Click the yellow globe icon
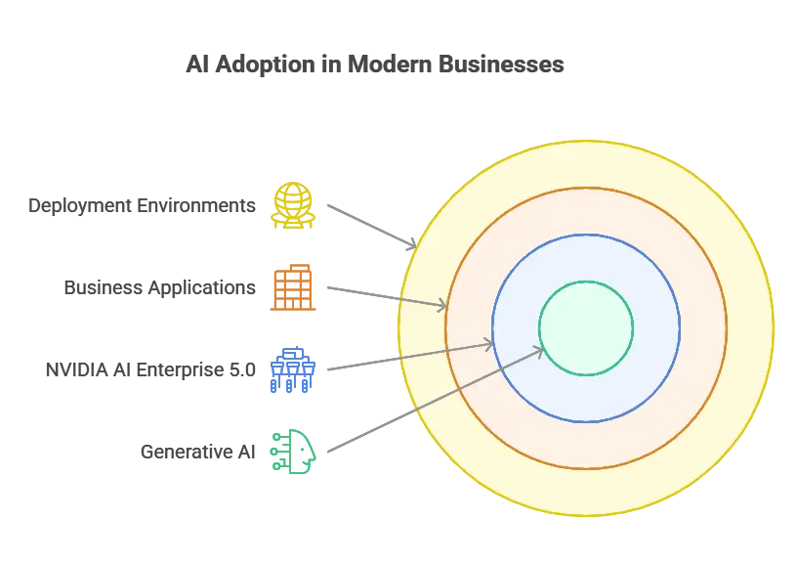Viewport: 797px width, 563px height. [293, 206]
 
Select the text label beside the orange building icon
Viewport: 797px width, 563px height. [160, 287]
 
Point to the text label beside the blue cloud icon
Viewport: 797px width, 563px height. [148, 370]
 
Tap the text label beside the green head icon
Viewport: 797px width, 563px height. [199, 451]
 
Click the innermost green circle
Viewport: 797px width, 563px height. [586, 327]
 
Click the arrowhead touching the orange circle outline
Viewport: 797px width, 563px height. [440, 306]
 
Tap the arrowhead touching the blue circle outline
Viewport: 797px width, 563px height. [487, 342]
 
